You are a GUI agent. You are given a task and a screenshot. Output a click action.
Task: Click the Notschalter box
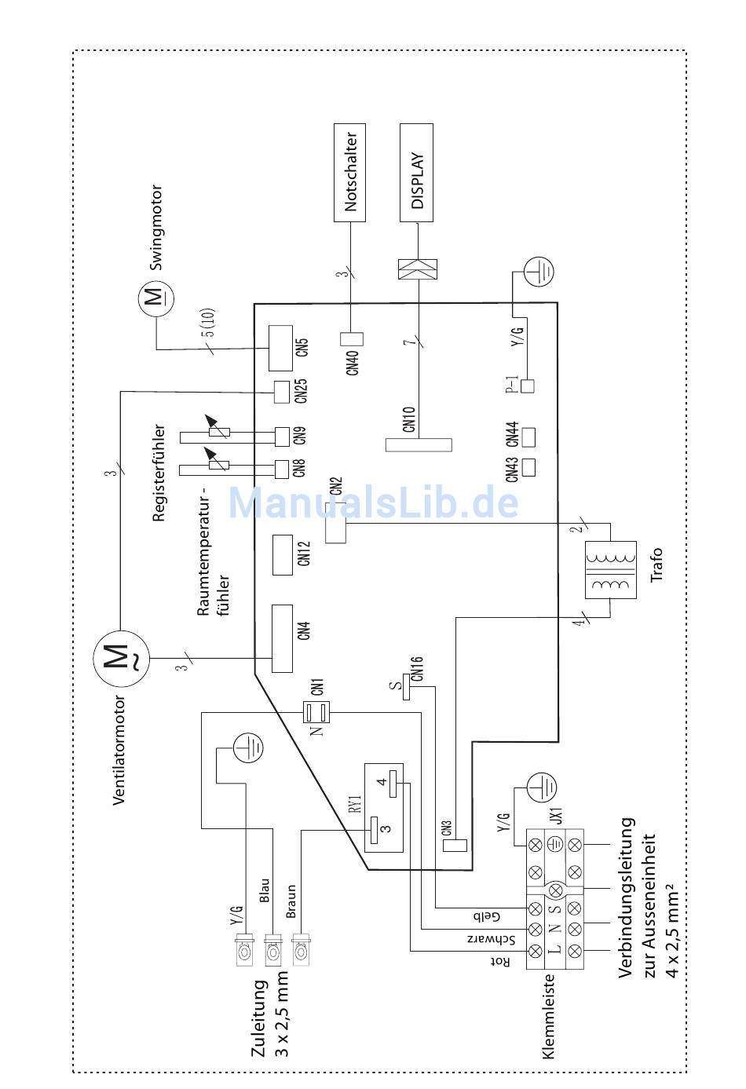tap(349, 173)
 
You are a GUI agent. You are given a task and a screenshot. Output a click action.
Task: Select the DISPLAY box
tap(416, 173)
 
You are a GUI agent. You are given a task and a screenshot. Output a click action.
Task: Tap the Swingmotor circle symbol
tap(155, 299)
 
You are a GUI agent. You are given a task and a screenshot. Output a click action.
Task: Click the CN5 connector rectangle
tap(280, 348)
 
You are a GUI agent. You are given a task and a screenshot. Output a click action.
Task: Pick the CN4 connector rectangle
tap(282, 638)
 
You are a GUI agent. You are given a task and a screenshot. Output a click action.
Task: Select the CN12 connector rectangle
tap(282, 554)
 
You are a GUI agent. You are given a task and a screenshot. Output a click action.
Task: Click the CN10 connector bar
tap(419, 444)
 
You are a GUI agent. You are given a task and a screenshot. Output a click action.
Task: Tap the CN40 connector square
tap(351, 339)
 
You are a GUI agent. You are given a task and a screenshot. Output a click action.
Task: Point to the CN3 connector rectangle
tap(455, 846)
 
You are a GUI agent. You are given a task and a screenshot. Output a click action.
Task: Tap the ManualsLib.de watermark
tap(373, 502)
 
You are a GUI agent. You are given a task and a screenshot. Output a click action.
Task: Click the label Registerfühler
tap(159, 473)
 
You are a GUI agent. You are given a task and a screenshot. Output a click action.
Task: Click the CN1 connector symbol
tap(318, 712)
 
